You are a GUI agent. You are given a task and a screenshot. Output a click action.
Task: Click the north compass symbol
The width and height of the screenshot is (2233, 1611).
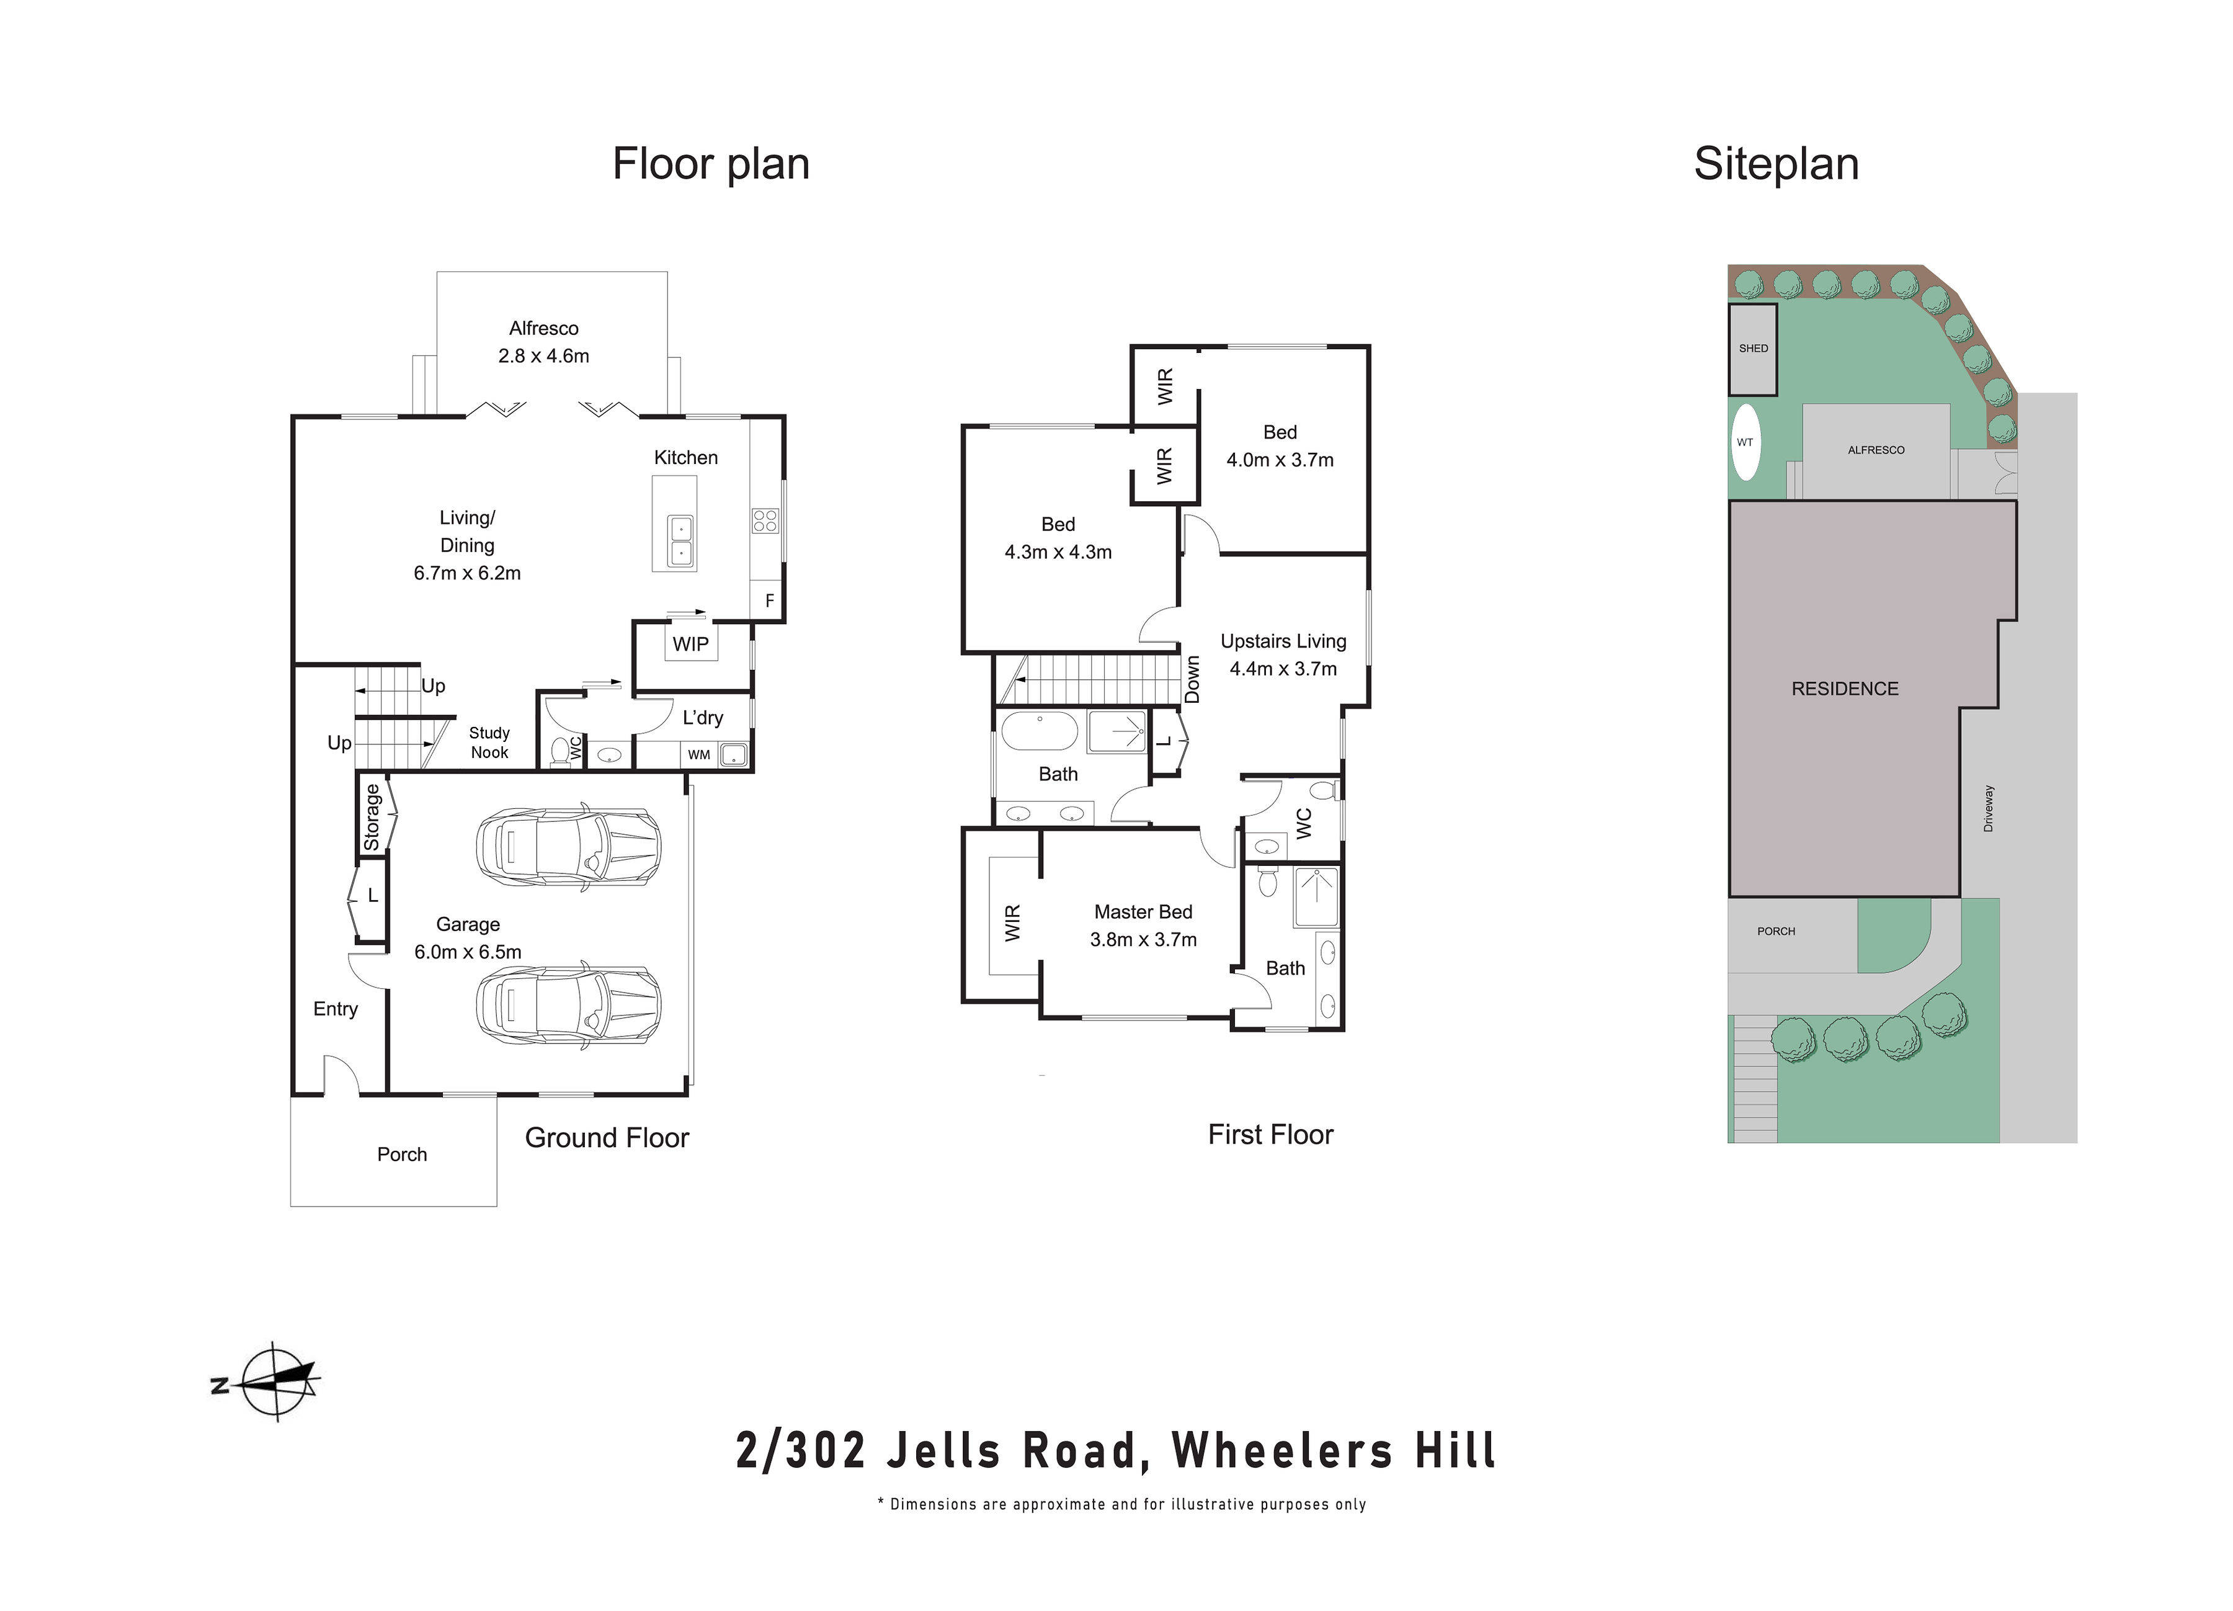[x=278, y=1381]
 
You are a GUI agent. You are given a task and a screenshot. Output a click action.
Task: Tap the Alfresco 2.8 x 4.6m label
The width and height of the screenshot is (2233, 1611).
[x=543, y=342]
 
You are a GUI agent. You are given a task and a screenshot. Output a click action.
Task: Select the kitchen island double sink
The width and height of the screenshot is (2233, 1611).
[x=680, y=540]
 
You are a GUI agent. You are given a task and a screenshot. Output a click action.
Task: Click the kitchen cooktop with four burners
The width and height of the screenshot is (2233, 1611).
[x=765, y=520]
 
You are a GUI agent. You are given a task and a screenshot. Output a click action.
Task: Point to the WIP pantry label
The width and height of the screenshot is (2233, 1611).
[x=690, y=644]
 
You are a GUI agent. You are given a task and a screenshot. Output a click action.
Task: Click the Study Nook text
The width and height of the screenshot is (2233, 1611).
[x=489, y=743]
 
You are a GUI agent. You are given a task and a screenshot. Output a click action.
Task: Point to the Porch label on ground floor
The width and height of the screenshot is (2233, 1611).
[x=402, y=1154]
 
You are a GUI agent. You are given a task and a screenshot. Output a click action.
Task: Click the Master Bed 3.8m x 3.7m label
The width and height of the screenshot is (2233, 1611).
[x=1143, y=926]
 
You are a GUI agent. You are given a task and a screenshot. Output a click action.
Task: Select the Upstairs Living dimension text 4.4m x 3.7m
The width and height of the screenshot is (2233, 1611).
[x=1283, y=669]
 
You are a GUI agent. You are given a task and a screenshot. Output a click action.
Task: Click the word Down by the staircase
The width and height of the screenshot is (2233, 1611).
[x=1192, y=679]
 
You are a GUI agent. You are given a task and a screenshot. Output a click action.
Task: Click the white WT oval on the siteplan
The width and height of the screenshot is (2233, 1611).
[x=1745, y=442]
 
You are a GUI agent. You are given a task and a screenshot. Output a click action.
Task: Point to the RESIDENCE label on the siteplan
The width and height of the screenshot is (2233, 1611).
[x=1844, y=689]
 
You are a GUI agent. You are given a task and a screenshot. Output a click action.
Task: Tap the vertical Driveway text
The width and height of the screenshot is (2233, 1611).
[x=1988, y=808]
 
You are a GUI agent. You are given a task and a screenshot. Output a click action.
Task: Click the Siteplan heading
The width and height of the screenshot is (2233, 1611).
[x=1775, y=164]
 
